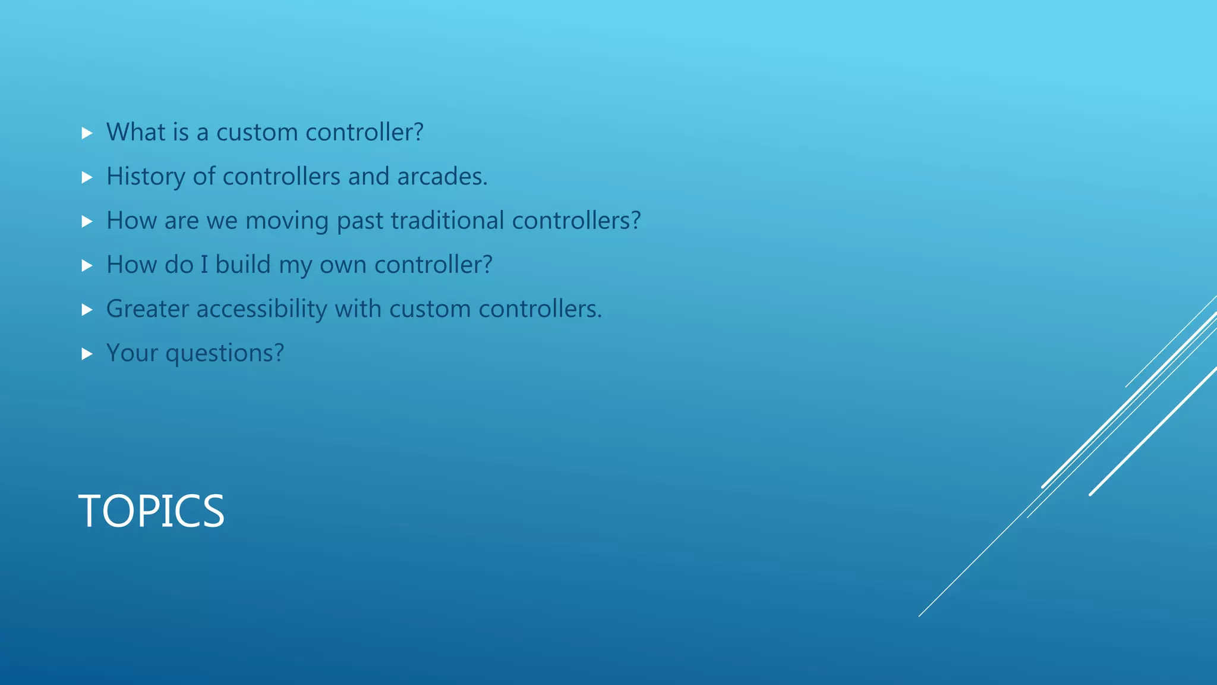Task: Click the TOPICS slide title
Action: coord(152,511)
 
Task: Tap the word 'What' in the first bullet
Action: coord(135,132)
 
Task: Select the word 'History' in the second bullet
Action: coord(146,177)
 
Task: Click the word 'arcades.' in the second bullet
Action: coord(442,177)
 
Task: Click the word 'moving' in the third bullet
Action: coord(287,221)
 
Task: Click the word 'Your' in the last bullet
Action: coord(131,353)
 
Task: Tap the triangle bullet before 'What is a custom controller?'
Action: coord(87,133)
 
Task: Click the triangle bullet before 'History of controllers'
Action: coord(87,177)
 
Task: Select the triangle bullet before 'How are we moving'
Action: coord(87,222)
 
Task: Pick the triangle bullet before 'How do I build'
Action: coord(87,266)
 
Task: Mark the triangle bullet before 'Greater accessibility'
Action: coord(87,310)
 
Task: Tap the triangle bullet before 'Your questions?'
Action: coord(87,354)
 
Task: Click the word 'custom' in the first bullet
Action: coord(257,132)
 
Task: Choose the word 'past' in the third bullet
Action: coord(360,221)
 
